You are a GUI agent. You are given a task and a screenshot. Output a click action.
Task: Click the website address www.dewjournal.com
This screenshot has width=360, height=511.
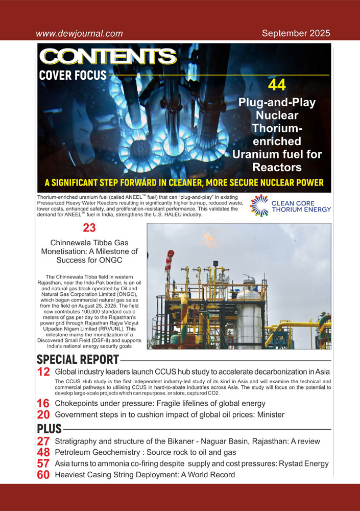[79, 34]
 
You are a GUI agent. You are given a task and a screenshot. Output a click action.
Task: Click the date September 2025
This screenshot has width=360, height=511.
[296, 34]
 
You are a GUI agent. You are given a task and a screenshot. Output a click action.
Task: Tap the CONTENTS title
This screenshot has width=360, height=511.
[108, 57]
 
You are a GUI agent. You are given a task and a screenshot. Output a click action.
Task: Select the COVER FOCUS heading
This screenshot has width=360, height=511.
[73, 76]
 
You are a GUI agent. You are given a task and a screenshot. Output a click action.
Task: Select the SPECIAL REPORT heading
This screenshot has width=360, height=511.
[78, 360]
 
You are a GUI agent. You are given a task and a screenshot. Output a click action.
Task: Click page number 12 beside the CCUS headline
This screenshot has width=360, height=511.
[43, 372]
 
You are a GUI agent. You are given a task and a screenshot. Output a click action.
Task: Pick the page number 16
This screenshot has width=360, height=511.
[43, 404]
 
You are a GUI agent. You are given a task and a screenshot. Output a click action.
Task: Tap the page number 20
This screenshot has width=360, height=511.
[43, 415]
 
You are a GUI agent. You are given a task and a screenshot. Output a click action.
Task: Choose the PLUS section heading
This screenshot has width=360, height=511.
[50, 428]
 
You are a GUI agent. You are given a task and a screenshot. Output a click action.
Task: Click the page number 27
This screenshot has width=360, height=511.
[43, 442]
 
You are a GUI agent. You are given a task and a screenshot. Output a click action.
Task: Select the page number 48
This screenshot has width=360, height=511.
[43, 453]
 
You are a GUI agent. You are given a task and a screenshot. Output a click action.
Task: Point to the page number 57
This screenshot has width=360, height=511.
[43, 464]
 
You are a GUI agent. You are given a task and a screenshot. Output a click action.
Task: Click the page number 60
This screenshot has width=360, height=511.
[43, 475]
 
